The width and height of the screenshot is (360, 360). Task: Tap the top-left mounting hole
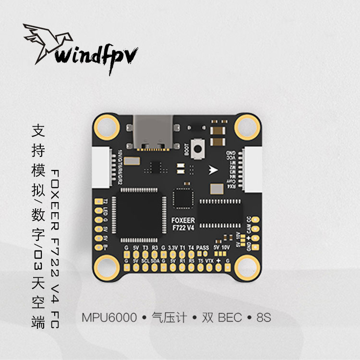point(106,127)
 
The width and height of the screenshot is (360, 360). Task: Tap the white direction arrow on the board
point(213,169)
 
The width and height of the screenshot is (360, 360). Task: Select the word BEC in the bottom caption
point(229,318)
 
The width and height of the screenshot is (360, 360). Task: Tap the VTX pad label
point(209,260)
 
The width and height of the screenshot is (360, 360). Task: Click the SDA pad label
point(155,260)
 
